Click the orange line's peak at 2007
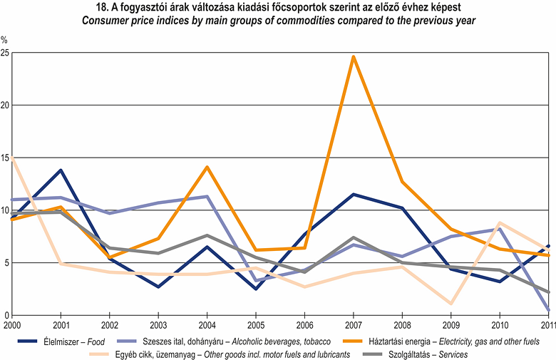(x=354, y=56)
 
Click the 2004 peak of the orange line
(x=207, y=167)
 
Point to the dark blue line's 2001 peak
(x=61, y=170)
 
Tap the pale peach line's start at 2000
(x=12, y=158)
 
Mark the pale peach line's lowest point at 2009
(x=451, y=304)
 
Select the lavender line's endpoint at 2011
(x=549, y=310)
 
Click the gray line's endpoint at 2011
(x=549, y=292)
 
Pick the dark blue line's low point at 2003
(x=158, y=287)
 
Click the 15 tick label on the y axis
(x=5, y=158)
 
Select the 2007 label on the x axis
(x=354, y=325)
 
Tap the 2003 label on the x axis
(x=158, y=325)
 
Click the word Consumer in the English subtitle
(x=105, y=21)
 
